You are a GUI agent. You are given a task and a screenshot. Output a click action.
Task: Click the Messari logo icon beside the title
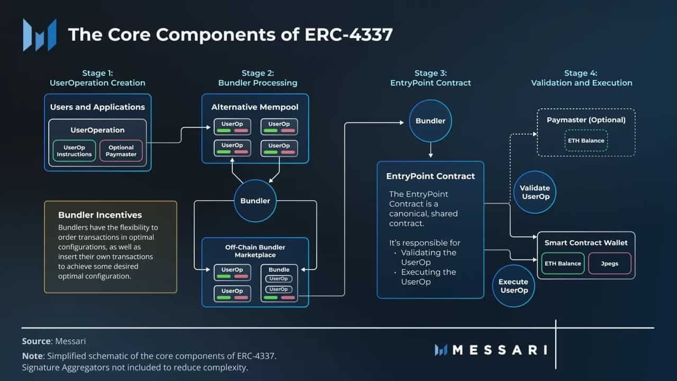pyautogui.click(x=40, y=35)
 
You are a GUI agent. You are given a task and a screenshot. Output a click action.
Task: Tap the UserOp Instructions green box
pyautogui.click(x=74, y=151)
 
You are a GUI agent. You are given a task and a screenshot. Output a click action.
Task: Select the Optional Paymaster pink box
pyautogui.click(x=122, y=151)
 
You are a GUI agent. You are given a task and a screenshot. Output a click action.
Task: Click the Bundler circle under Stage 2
pyautogui.click(x=255, y=201)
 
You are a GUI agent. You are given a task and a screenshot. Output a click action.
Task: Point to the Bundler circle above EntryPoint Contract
pyautogui.click(x=431, y=121)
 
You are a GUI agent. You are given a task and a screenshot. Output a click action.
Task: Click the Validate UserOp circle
pyautogui.click(x=535, y=192)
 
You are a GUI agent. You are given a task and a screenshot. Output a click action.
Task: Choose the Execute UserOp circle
pyautogui.click(x=514, y=286)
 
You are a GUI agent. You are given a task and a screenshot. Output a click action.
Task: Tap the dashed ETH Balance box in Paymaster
pyautogui.click(x=587, y=140)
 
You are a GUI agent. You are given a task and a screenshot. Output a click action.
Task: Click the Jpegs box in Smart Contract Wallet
pyautogui.click(x=609, y=263)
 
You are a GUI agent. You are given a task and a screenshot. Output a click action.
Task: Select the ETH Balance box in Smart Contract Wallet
pyautogui.click(x=562, y=263)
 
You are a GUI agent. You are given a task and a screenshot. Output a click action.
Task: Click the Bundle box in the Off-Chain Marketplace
pyautogui.click(x=279, y=284)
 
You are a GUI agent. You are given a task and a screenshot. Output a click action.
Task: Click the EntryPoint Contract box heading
pyautogui.click(x=431, y=176)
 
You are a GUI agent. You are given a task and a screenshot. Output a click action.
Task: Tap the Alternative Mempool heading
pyautogui.click(x=255, y=107)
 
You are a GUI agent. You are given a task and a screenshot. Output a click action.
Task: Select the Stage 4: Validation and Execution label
pyautogui.click(x=581, y=78)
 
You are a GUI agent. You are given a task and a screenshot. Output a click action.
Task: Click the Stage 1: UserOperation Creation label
pyautogui.click(x=97, y=78)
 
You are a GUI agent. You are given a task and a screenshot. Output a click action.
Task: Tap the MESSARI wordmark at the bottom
pyautogui.click(x=499, y=350)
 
